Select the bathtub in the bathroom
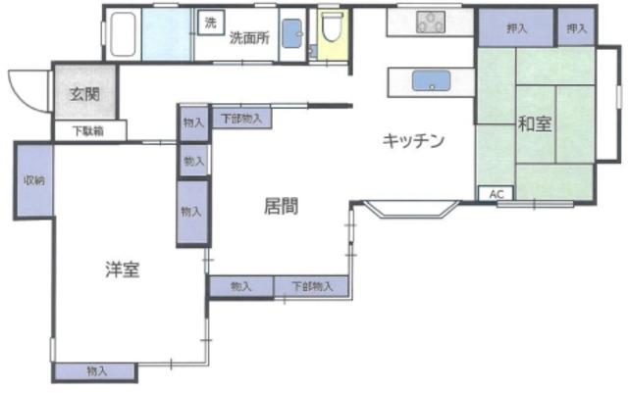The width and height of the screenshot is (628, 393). (123, 35)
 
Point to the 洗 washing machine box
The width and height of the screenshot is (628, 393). (210, 22)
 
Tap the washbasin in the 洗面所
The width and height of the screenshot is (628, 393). (293, 34)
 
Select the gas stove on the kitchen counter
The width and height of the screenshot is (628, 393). (431, 21)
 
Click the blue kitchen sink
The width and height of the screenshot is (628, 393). (428, 80)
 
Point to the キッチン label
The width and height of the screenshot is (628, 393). (413, 141)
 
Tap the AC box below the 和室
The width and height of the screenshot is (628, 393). (496, 193)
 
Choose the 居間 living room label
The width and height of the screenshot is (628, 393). (281, 207)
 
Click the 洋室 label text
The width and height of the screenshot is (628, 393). (122, 270)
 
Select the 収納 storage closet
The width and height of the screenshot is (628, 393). (33, 181)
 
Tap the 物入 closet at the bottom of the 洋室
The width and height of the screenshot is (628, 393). (95, 371)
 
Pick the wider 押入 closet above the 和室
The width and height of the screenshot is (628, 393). (516, 28)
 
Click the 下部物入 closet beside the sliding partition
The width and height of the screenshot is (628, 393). (240, 118)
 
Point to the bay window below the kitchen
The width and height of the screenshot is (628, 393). (406, 208)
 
